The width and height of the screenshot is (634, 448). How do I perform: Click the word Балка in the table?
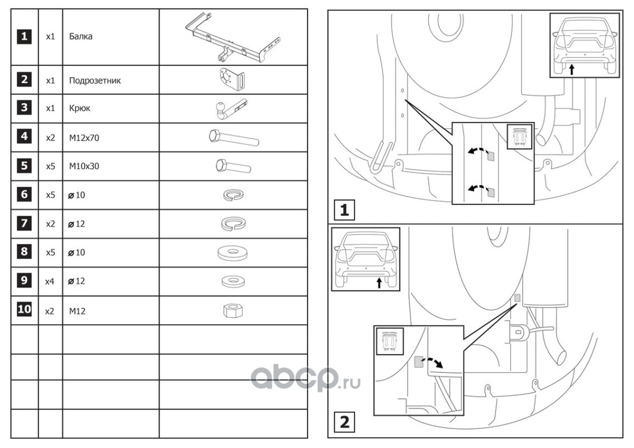tap(81, 37)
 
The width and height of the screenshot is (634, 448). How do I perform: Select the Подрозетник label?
tap(95, 80)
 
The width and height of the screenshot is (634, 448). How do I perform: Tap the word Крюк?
tap(80, 109)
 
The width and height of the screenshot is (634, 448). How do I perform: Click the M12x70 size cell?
tap(84, 138)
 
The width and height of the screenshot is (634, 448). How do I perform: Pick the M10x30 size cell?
tap(84, 166)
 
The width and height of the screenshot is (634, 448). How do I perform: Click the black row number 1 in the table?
tap(24, 37)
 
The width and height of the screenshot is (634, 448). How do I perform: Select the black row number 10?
tap(24, 310)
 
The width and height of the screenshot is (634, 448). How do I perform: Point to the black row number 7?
tap(24, 223)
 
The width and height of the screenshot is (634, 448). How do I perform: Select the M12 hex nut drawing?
tap(233, 310)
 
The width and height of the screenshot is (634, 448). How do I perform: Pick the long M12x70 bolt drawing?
tap(233, 137)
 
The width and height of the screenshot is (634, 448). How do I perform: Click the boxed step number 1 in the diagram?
tap(344, 211)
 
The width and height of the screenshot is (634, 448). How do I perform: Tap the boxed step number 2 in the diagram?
tap(344, 421)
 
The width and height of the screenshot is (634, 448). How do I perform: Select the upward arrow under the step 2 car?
tap(379, 282)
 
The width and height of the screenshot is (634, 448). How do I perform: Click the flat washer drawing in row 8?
tap(233, 253)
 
